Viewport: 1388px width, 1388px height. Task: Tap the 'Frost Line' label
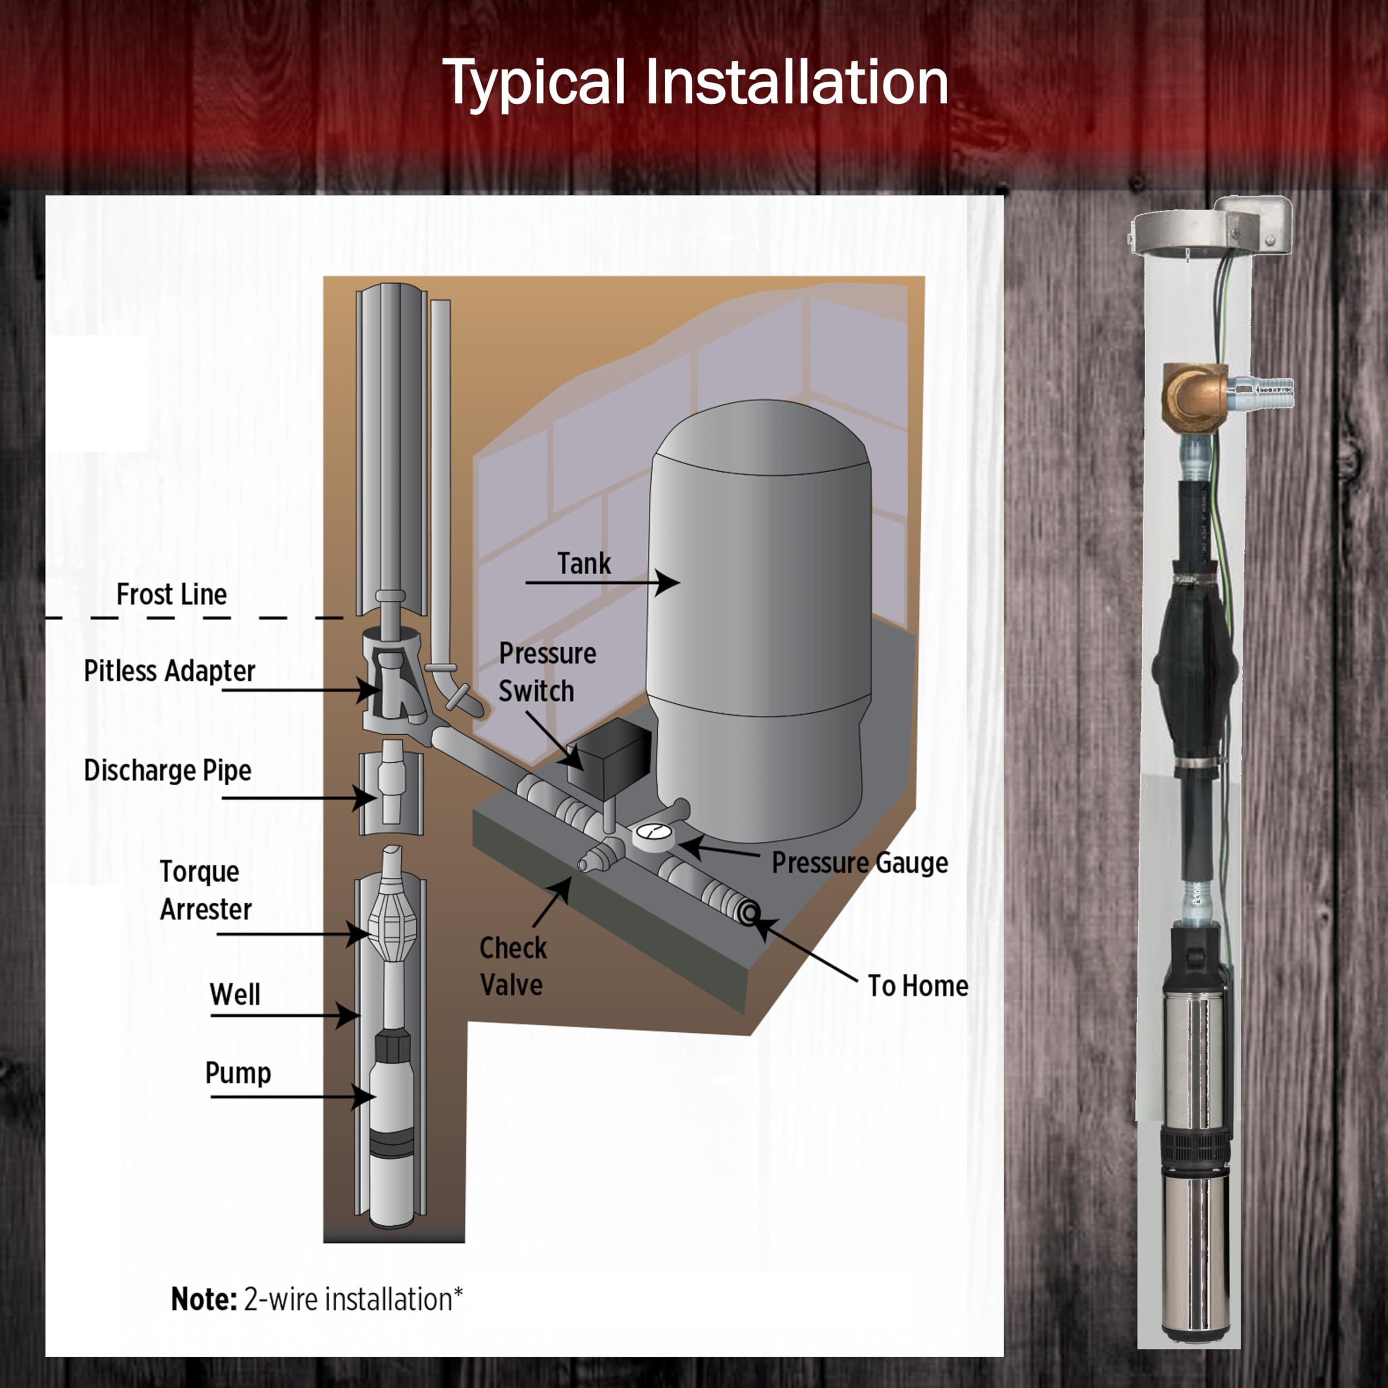172,595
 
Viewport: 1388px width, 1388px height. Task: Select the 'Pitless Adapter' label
170,671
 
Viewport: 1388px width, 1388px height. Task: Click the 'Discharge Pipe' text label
168,770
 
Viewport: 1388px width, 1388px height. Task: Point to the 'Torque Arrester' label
205,890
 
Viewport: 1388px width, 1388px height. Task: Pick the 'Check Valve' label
513,966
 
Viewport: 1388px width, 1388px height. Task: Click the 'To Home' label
917,986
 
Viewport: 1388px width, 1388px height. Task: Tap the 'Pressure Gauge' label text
860,863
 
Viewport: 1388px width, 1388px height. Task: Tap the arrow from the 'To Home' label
805,950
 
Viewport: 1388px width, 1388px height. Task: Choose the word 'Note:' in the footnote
204,1299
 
